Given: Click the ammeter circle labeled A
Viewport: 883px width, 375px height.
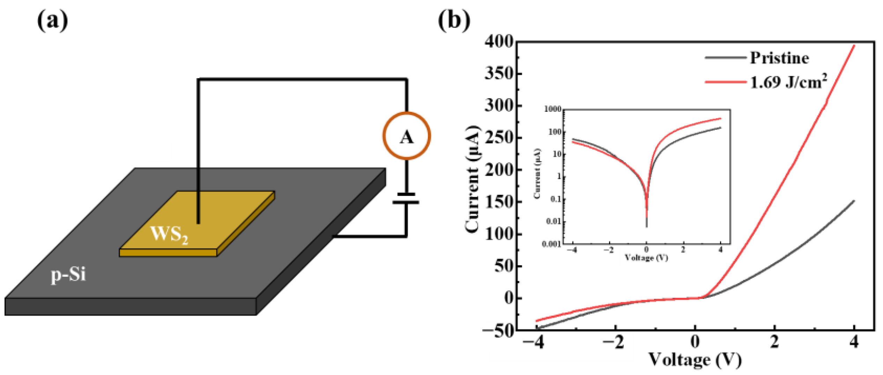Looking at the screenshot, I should click(x=406, y=136).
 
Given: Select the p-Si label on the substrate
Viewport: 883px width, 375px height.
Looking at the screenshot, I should click(x=68, y=274).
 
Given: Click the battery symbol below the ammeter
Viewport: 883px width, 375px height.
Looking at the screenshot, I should click(x=406, y=198).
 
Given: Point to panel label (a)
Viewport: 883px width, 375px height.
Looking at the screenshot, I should click(x=52, y=21).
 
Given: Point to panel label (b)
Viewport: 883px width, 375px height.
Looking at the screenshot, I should click(x=454, y=21).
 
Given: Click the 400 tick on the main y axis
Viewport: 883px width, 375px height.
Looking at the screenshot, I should click(x=499, y=42).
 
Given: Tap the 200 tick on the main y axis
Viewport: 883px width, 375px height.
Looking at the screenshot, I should click(x=499, y=170).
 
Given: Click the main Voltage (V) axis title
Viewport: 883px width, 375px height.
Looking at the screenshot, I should click(x=695, y=360).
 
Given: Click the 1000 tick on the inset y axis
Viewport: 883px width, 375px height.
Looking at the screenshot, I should click(x=552, y=109).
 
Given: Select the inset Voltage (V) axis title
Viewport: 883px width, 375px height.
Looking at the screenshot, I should click(x=646, y=258).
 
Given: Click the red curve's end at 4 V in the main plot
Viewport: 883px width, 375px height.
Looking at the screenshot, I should click(x=854, y=45).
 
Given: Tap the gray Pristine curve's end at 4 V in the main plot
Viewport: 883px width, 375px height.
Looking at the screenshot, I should click(x=854, y=201).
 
